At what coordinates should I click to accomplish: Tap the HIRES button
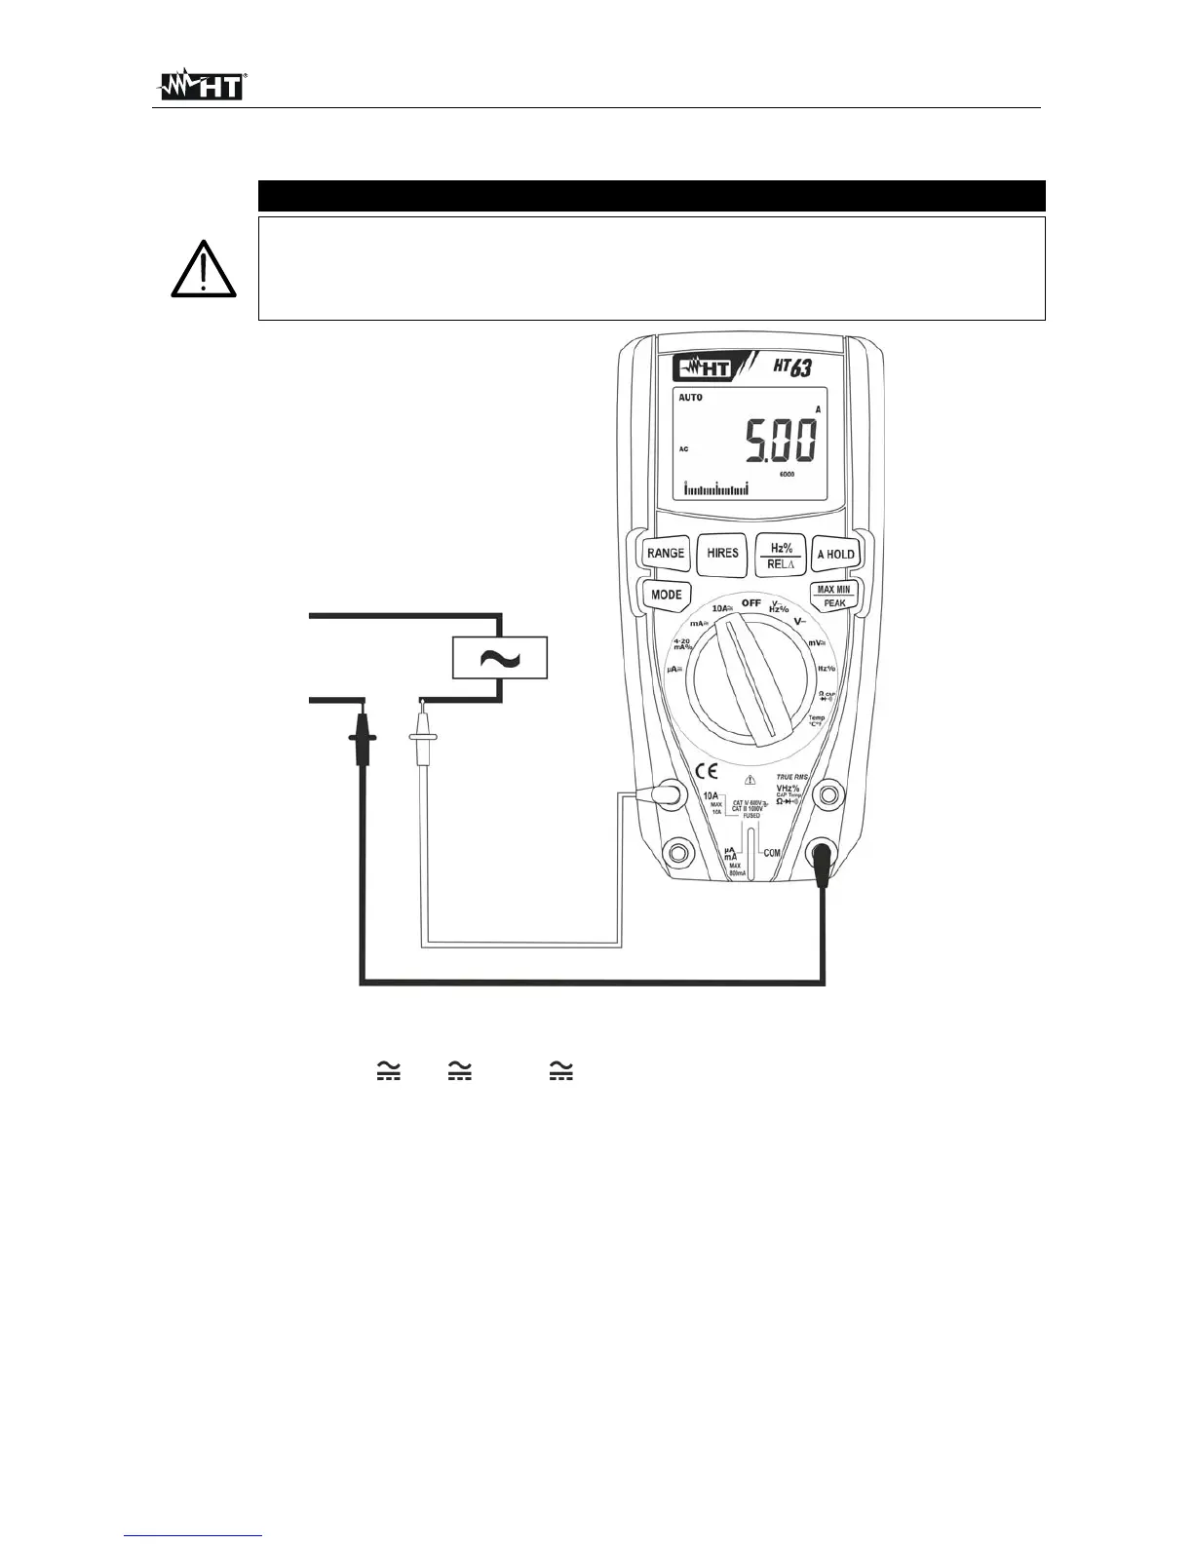coord(722,553)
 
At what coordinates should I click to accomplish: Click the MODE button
coord(667,595)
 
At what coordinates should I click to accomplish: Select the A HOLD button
coord(834,554)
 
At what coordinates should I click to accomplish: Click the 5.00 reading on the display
coord(780,441)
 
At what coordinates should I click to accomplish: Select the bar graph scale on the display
coord(716,488)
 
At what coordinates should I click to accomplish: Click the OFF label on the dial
coord(750,603)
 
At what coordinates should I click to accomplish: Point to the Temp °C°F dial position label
coord(816,721)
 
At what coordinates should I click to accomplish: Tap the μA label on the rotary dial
coord(673,670)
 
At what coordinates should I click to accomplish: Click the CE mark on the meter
coord(708,771)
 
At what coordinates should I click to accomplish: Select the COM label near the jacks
coord(772,853)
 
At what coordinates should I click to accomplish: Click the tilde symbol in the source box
coord(500,658)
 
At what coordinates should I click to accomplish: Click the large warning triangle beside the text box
coord(203,269)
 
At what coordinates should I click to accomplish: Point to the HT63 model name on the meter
coord(792,368)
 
